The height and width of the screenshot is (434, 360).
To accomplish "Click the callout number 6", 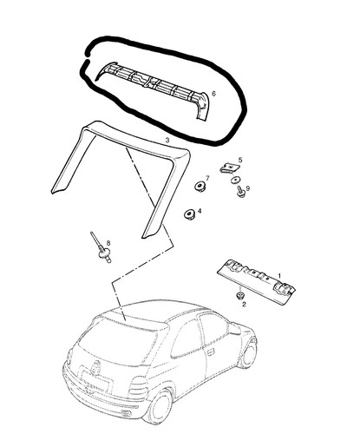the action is tap(213, 94).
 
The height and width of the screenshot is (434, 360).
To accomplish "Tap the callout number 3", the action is tap(167, 141).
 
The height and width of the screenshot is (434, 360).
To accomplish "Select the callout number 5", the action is tap(240, 160).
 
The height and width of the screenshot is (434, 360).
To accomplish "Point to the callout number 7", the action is tap(207, 178).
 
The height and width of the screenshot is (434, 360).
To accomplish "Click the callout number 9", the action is tap(248, 188).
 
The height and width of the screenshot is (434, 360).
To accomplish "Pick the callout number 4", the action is tap(200, 211).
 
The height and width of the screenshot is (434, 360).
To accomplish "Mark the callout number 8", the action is tap(108, 242).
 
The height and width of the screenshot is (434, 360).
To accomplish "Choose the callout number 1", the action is tap(279, 275).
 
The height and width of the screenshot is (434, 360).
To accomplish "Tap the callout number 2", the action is tap(244, 304).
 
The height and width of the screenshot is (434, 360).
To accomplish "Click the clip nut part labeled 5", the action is tap(229, 168).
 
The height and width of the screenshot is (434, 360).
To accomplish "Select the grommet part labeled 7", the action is tap(200, 186).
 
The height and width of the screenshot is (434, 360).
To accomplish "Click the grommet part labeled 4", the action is tap(189, 214).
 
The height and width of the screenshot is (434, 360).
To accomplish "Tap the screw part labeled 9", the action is tap(240, 192).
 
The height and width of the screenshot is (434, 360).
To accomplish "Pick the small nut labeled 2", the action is tap(239, 296).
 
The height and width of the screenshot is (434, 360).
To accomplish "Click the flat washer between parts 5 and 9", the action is tap(235, 180).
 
